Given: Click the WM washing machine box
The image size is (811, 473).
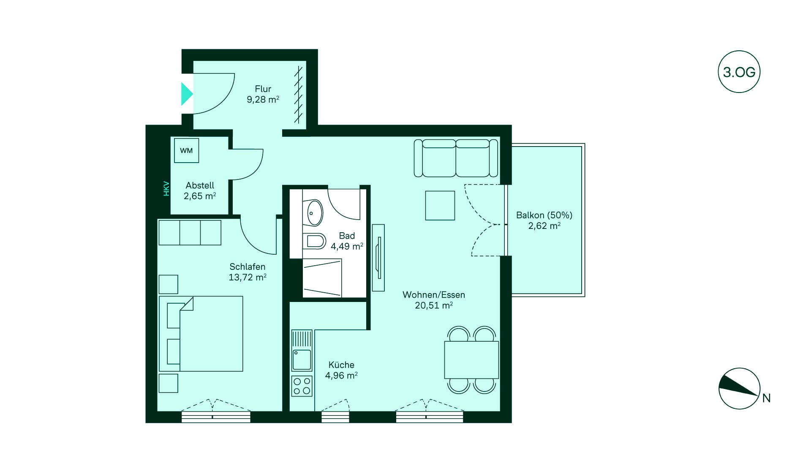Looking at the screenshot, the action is point(186,150).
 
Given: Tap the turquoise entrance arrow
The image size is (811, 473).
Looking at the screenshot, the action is point(187,94).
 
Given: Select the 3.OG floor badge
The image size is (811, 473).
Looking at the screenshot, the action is point(739,72).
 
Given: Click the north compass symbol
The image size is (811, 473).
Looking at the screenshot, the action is point(739,389).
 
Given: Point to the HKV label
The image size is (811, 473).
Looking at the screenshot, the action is point(166,188).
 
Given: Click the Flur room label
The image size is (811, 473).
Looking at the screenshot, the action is point(263,89).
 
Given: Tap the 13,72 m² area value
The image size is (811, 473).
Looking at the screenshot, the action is point(247,277).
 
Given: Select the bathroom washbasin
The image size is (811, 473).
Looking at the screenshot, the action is point(313,213).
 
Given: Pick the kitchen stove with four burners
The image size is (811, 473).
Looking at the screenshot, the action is point(302,386).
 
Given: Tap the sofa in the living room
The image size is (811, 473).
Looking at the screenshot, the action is point(456,158).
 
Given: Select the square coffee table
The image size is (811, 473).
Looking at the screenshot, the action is point(440,205).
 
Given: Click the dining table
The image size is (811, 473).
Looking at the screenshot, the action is point(471,360).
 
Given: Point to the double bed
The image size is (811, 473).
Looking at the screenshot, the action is point(201,334).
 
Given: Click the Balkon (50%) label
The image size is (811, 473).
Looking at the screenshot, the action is point(544,215).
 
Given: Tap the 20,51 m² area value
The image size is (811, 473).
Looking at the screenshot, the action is point(434,305).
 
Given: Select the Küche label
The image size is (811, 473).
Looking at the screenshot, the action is point(341,365).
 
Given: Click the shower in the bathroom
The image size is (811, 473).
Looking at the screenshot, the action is point(322,278).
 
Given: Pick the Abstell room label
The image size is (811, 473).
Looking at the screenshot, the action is point(200,185).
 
